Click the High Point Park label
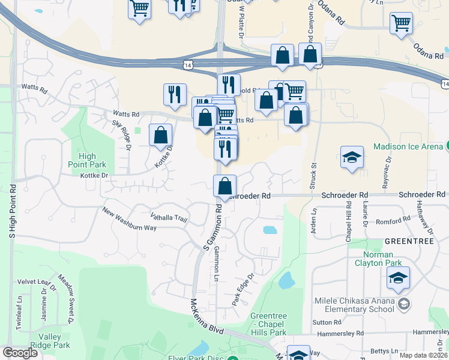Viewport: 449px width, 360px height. pyautogui.click(x=87, y=161)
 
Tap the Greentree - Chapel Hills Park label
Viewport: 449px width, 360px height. pyautogui.click(x=268, y=324)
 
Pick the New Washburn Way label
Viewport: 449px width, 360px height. pyautogui.click(x=129, y=220)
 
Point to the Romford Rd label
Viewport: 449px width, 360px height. pyautogui.click(x=393, y=221)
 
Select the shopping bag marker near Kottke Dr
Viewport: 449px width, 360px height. pyautogui.click(x=160, y=136)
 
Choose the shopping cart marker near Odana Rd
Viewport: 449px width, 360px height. pyautogui.click(x=401, y=24)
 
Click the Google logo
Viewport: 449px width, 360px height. pyautogui.click(x=20, y=353)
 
